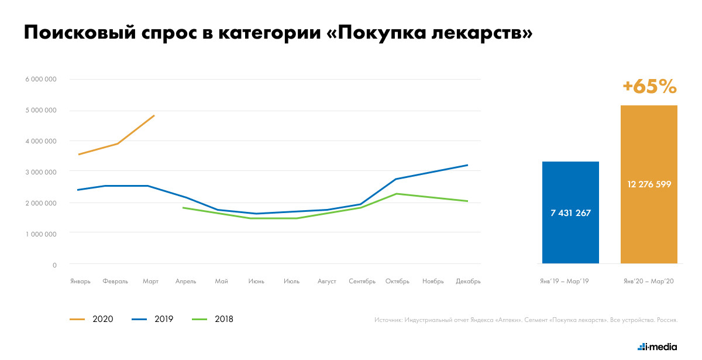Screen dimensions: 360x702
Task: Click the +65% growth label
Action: [x=649, y=87]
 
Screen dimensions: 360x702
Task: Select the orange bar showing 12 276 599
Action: [x=649, y=184]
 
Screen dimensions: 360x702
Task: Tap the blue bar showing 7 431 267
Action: [x=570, y=212]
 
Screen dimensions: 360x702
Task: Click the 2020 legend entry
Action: [x=92, y=319]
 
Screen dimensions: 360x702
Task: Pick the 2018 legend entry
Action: [x=213, y=319]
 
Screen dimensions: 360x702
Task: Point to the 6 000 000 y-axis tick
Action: [x=41, y=80]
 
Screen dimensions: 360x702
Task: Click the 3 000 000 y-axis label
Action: [x=41, y=172]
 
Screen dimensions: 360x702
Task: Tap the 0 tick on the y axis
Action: [x=54, y=265]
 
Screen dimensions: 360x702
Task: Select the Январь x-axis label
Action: [x=80, y=282]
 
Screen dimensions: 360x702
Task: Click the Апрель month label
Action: [x=186, y=282]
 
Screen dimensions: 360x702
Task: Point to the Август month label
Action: [x=326, y=282]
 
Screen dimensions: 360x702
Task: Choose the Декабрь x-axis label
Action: [x=468, y=282]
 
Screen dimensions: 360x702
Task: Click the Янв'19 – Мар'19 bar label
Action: [x=565, y=282]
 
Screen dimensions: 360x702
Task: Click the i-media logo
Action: [x=658, y=347]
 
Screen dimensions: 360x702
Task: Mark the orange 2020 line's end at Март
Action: [x=154, y=115]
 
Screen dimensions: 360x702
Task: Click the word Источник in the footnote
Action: [x=388, y=320]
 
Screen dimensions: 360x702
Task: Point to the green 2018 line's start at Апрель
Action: [x=183, y=208]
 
